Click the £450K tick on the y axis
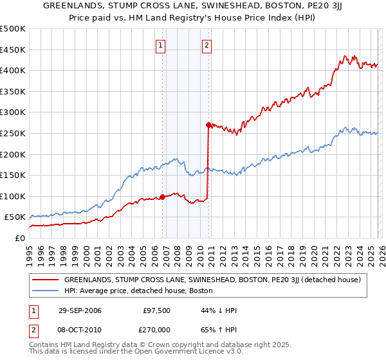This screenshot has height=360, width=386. [13, 50]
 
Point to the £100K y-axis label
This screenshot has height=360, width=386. [13, 196]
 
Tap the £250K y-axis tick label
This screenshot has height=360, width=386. [13, 133]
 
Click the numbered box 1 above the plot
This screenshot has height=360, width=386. [160, 45]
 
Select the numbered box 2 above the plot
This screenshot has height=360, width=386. [207, 45]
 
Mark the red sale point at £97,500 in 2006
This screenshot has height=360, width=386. [162, 197]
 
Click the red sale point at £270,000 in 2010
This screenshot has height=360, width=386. [208, 125]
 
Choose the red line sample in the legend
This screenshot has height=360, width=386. [45, 280]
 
